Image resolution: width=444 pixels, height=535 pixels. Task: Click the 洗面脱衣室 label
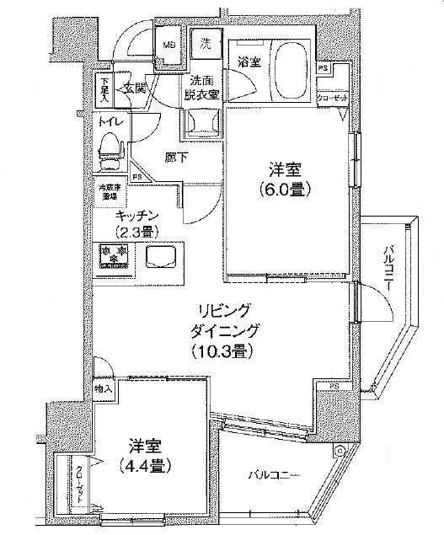202,88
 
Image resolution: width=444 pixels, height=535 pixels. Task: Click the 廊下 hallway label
176,157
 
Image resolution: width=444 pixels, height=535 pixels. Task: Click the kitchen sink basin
163,255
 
